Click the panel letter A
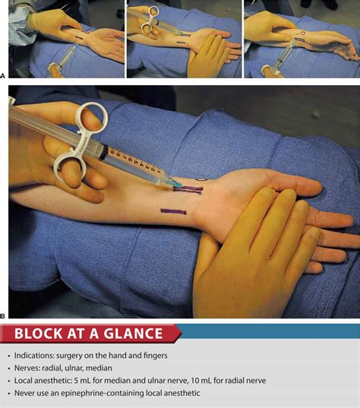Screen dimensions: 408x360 (4, 74)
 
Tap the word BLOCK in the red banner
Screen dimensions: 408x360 (40, 334)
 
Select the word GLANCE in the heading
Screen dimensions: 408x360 (134, 334)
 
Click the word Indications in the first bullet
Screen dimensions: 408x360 (35, 356)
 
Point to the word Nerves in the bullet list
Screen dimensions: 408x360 (29, 368)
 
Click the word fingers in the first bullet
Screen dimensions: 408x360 (151, 356)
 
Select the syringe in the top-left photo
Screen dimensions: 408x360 (64, 58)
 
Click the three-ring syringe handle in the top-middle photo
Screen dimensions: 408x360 (150, 16)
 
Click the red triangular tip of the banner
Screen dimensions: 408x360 (178, 334)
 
